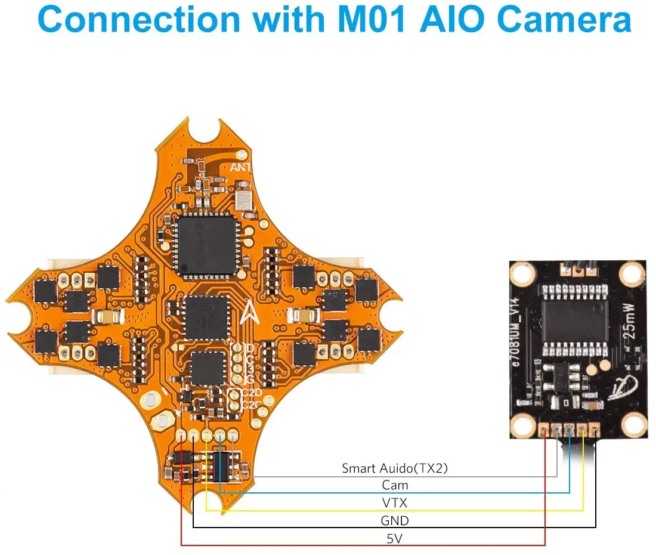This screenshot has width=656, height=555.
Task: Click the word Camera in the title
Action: pyautogui.click(x=564, y=20)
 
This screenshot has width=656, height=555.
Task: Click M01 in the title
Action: pyautogui.click(x=372, y=20)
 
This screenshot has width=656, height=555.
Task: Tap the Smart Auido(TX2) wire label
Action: pyautogui.click(x=394, y=468)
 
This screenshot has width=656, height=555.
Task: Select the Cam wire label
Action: pyautogui.click(x=395, y=486)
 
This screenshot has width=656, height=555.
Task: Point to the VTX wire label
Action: pyautogui.click(x=395, y=503)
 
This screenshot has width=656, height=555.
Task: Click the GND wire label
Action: pyautogui.click(x=395, y=520)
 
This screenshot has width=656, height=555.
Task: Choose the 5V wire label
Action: pyautogui.click(x=395, y=538)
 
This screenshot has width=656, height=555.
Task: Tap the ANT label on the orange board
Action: pyautogui.click(x=241, y=168)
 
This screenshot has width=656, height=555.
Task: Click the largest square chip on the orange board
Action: pyautogui.click(x=206, y=245)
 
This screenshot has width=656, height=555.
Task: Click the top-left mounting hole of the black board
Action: pyautogui.click(x=524, y=274)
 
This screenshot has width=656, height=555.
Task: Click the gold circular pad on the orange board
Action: pyautogui.click(x=160, y=421)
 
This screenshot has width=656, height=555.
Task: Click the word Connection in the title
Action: pyautogui.click(x=138, y=20)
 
